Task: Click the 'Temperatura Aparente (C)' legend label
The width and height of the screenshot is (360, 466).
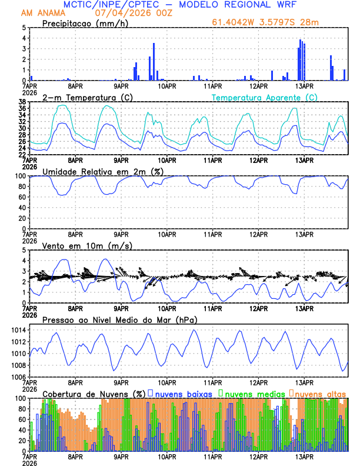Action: click(x=264, y=97)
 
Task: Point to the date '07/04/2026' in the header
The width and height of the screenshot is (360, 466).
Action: click(x=117, y=12)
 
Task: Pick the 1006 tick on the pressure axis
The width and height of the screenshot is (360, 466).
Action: click(x=20, y=377)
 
